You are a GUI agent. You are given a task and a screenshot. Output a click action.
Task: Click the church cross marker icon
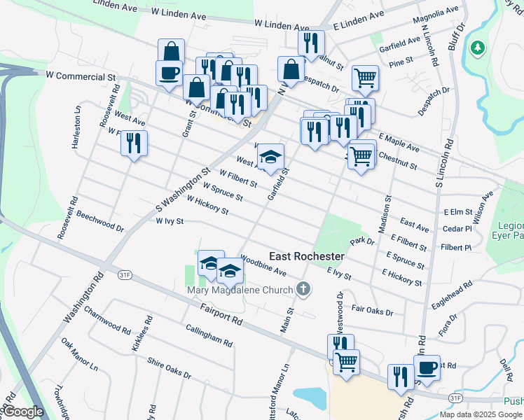(303, 288)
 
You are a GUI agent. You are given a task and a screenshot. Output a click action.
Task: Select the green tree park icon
(478, 48)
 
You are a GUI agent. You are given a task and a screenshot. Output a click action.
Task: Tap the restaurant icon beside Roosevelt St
(132, 143)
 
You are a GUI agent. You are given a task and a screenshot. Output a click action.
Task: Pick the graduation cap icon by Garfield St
(271, 156)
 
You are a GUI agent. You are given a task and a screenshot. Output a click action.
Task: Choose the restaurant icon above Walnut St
(310, 42)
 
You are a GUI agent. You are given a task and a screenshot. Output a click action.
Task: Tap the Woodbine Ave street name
(263, 266)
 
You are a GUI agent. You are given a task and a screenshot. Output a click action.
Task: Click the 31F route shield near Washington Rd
(125, 274)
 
